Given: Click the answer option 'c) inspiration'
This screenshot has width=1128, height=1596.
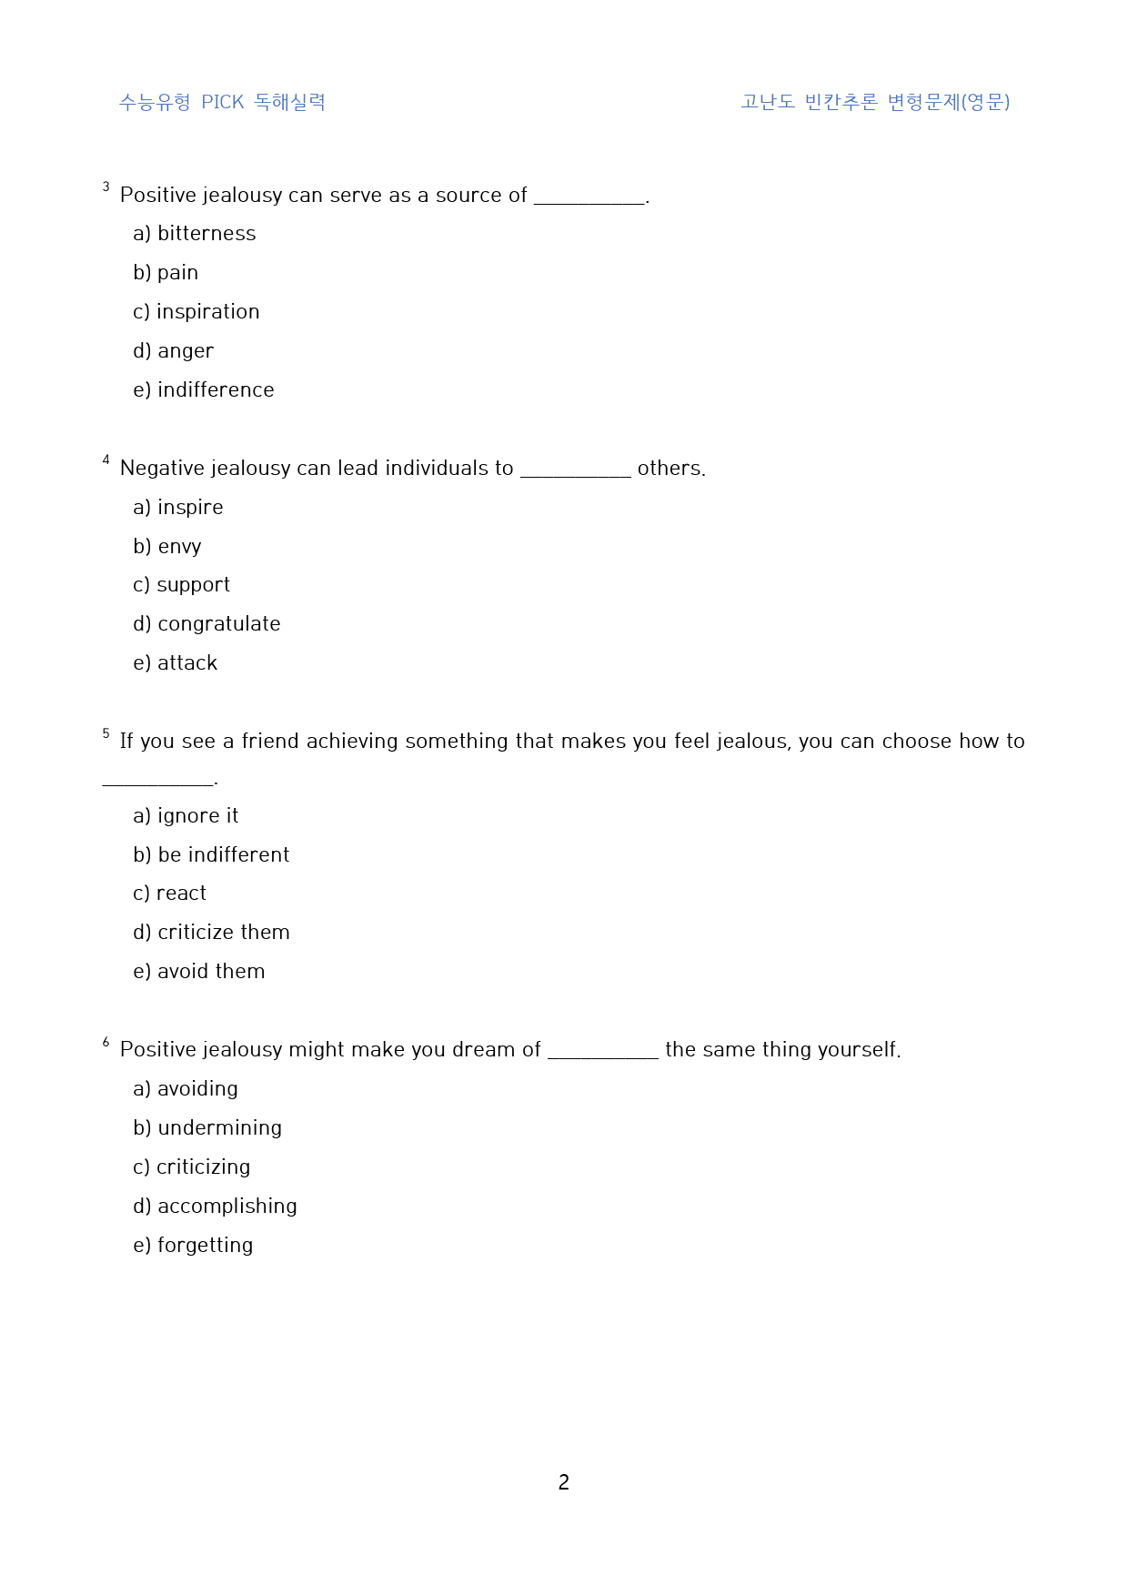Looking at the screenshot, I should click(196, 312).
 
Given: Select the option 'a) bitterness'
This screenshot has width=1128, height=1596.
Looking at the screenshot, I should click(194, 234).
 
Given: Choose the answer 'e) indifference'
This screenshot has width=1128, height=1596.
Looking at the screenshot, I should click(203, 390).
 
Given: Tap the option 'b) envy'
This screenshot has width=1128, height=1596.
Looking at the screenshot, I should click(166, 547).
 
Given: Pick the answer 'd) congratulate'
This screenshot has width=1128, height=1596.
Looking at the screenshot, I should click(206, 624).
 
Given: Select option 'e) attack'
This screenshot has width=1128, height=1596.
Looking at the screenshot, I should click(175, 663).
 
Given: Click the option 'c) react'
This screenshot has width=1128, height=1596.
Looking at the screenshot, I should click(169, 894).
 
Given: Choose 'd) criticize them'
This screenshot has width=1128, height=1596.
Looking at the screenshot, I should click(211, 933).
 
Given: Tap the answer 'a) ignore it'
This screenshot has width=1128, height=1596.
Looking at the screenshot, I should click(186, 816).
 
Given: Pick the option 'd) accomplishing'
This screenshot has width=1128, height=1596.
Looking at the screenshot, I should click(215, 1207).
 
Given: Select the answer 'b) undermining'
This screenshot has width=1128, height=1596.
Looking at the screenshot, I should click(207, 1128).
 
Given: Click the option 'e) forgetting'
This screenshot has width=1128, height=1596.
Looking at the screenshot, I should click(193, 1246).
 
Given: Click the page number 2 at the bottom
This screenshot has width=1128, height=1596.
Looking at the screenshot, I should click(564, 1482).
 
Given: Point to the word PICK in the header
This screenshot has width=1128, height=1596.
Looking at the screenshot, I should click(223, 102).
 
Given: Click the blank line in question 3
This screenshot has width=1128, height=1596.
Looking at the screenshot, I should click(589, 200).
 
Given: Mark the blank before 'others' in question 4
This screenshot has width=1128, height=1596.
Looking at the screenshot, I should click(575, 473).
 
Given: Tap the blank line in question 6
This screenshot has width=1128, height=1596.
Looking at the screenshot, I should click(602, 1055).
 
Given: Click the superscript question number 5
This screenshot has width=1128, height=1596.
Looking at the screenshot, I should click(106, 733).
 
